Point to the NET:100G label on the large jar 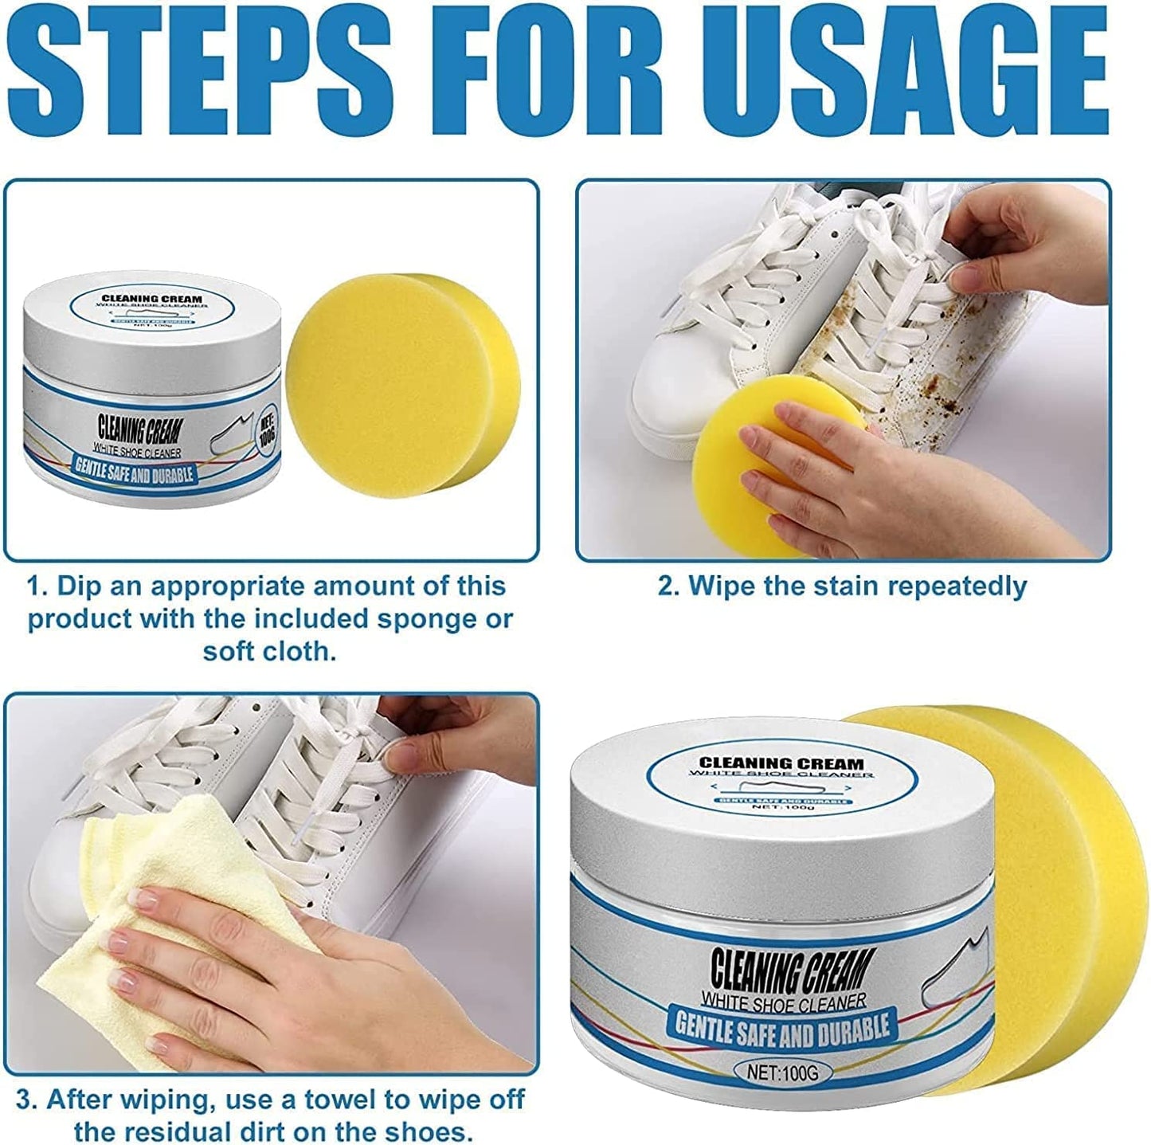pos(783,1072)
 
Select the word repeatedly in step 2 pos(957,586)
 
